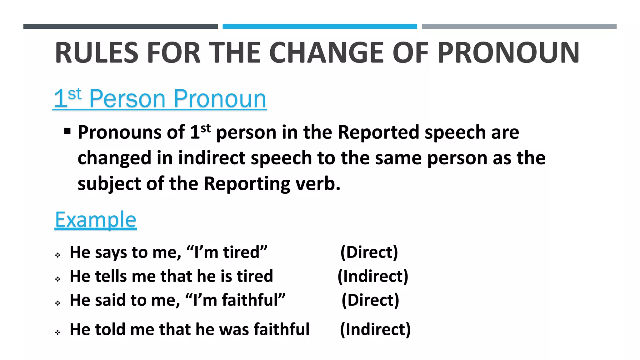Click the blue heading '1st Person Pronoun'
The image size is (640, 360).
(x=160, y=99)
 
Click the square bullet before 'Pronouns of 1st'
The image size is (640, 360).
(x=67, y=131)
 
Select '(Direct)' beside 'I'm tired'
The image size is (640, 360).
(x=369, y=252)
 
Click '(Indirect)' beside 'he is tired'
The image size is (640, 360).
(x=373, y=276)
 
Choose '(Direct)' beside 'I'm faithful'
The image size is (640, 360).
(x=370, y=300)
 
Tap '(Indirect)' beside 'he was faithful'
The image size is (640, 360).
(x=375, y=330)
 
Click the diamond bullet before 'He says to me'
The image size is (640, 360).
(x=57, y=255)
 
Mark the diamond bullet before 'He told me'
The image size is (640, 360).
(x=57, y=332)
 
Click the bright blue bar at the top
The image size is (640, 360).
(x=320, y=27)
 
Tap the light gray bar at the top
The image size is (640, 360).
(x=519, y=27)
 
